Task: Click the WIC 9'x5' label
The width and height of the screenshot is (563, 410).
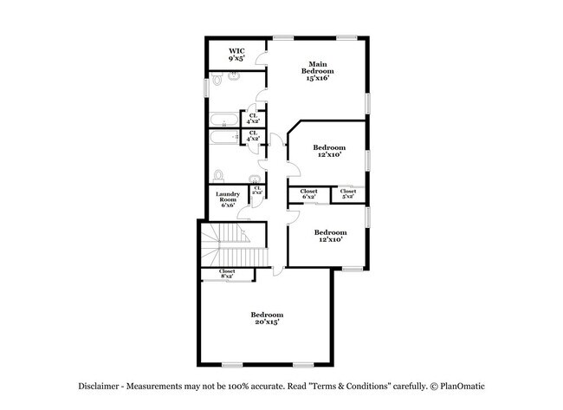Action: click(236, 55)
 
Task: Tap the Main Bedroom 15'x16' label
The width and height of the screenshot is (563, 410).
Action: click(319, 71)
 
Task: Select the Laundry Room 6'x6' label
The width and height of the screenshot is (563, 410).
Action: click(229, 199)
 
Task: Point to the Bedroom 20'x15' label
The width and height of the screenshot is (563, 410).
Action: click(267, 317)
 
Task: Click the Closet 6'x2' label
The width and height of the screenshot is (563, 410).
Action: click(308, 194)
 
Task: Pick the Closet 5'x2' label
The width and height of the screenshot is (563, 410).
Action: click(348, 193)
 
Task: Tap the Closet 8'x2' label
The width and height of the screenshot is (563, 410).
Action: click(227, 273)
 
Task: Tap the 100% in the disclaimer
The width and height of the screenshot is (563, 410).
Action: click(249, 385)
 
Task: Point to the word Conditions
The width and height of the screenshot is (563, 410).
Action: click(364, 385)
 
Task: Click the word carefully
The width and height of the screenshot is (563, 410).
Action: click(411, 385)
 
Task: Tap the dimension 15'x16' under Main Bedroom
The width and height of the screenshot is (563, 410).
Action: click(319, 77)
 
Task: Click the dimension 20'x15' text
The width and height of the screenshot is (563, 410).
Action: click(267, 322)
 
